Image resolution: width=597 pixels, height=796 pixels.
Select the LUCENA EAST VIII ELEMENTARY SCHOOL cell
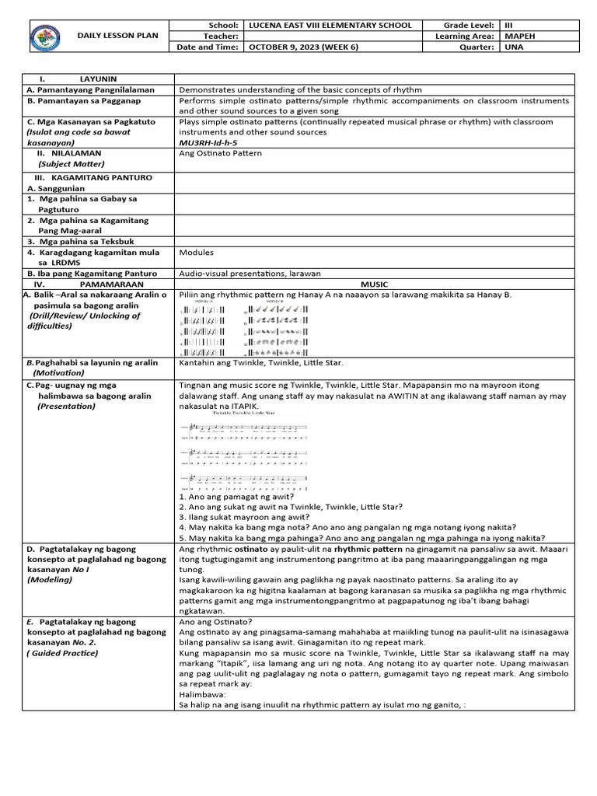(x=330, y=25)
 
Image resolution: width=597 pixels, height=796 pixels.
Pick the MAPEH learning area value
(x=518, y=36)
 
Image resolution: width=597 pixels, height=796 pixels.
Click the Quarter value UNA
(x=512, y=47)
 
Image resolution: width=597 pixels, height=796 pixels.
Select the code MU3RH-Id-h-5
(x=208, y=143)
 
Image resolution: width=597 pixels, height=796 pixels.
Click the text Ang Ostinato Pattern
(x=220, y=154)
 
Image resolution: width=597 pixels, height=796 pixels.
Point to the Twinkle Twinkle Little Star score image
(x=243, y=450)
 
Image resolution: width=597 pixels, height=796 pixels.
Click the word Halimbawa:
(x=203, y=695)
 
